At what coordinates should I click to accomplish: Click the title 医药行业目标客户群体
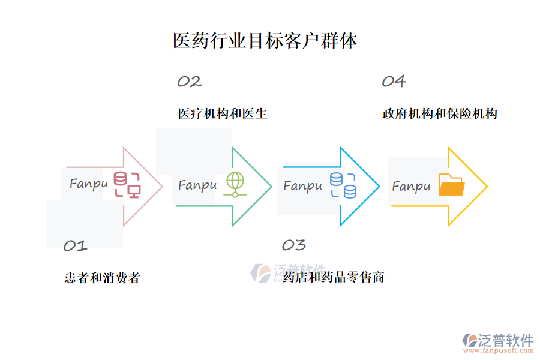(265, 41)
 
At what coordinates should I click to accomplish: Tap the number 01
(76, 245)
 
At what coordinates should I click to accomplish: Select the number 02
(189, 82)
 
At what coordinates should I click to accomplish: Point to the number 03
(293, 245)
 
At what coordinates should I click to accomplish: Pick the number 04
(394, 82)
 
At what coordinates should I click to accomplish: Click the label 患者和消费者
(102, 278)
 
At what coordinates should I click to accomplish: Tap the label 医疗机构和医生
(223, 113)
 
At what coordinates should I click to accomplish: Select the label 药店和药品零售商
(334, 277)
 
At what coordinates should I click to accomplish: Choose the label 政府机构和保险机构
(440, 113)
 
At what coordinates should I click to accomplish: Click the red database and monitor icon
(127, 185)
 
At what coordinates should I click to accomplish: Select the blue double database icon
(343, 185)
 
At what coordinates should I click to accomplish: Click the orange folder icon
(451, 185)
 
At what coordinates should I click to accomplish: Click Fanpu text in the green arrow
(197, 185)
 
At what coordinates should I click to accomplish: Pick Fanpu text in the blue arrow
(302, 186)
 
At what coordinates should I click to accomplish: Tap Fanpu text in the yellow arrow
(412, 187)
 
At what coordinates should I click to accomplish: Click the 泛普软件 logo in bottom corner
(497, 340)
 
